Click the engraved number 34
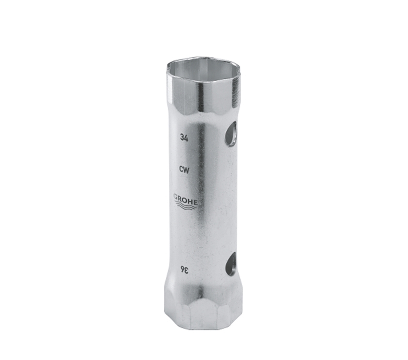click(184, 137)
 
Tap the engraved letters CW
click(184, 170)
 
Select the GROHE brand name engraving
click(186, 199)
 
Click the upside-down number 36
click(185, 271)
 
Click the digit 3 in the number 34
click(182, 137)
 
